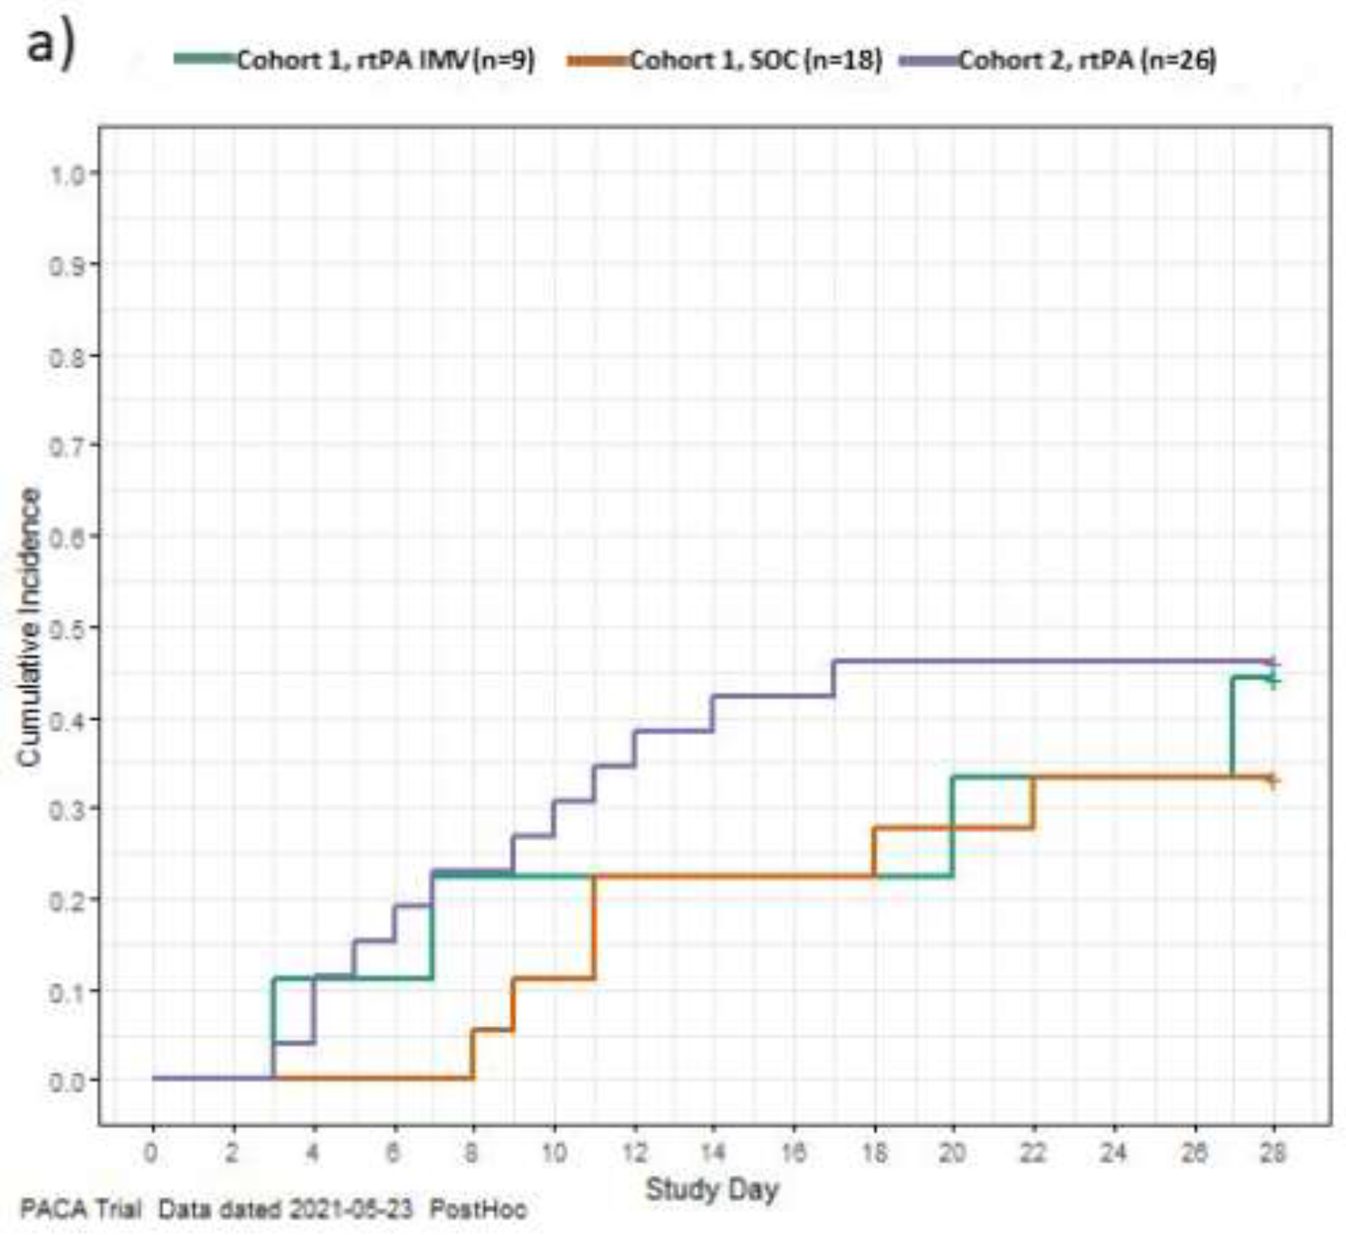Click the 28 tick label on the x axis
[1273, 1153]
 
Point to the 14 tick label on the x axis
[713, 1153]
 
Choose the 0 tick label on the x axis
[152, 1153]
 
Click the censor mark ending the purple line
[1273, 662]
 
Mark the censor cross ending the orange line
[1273, 780]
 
